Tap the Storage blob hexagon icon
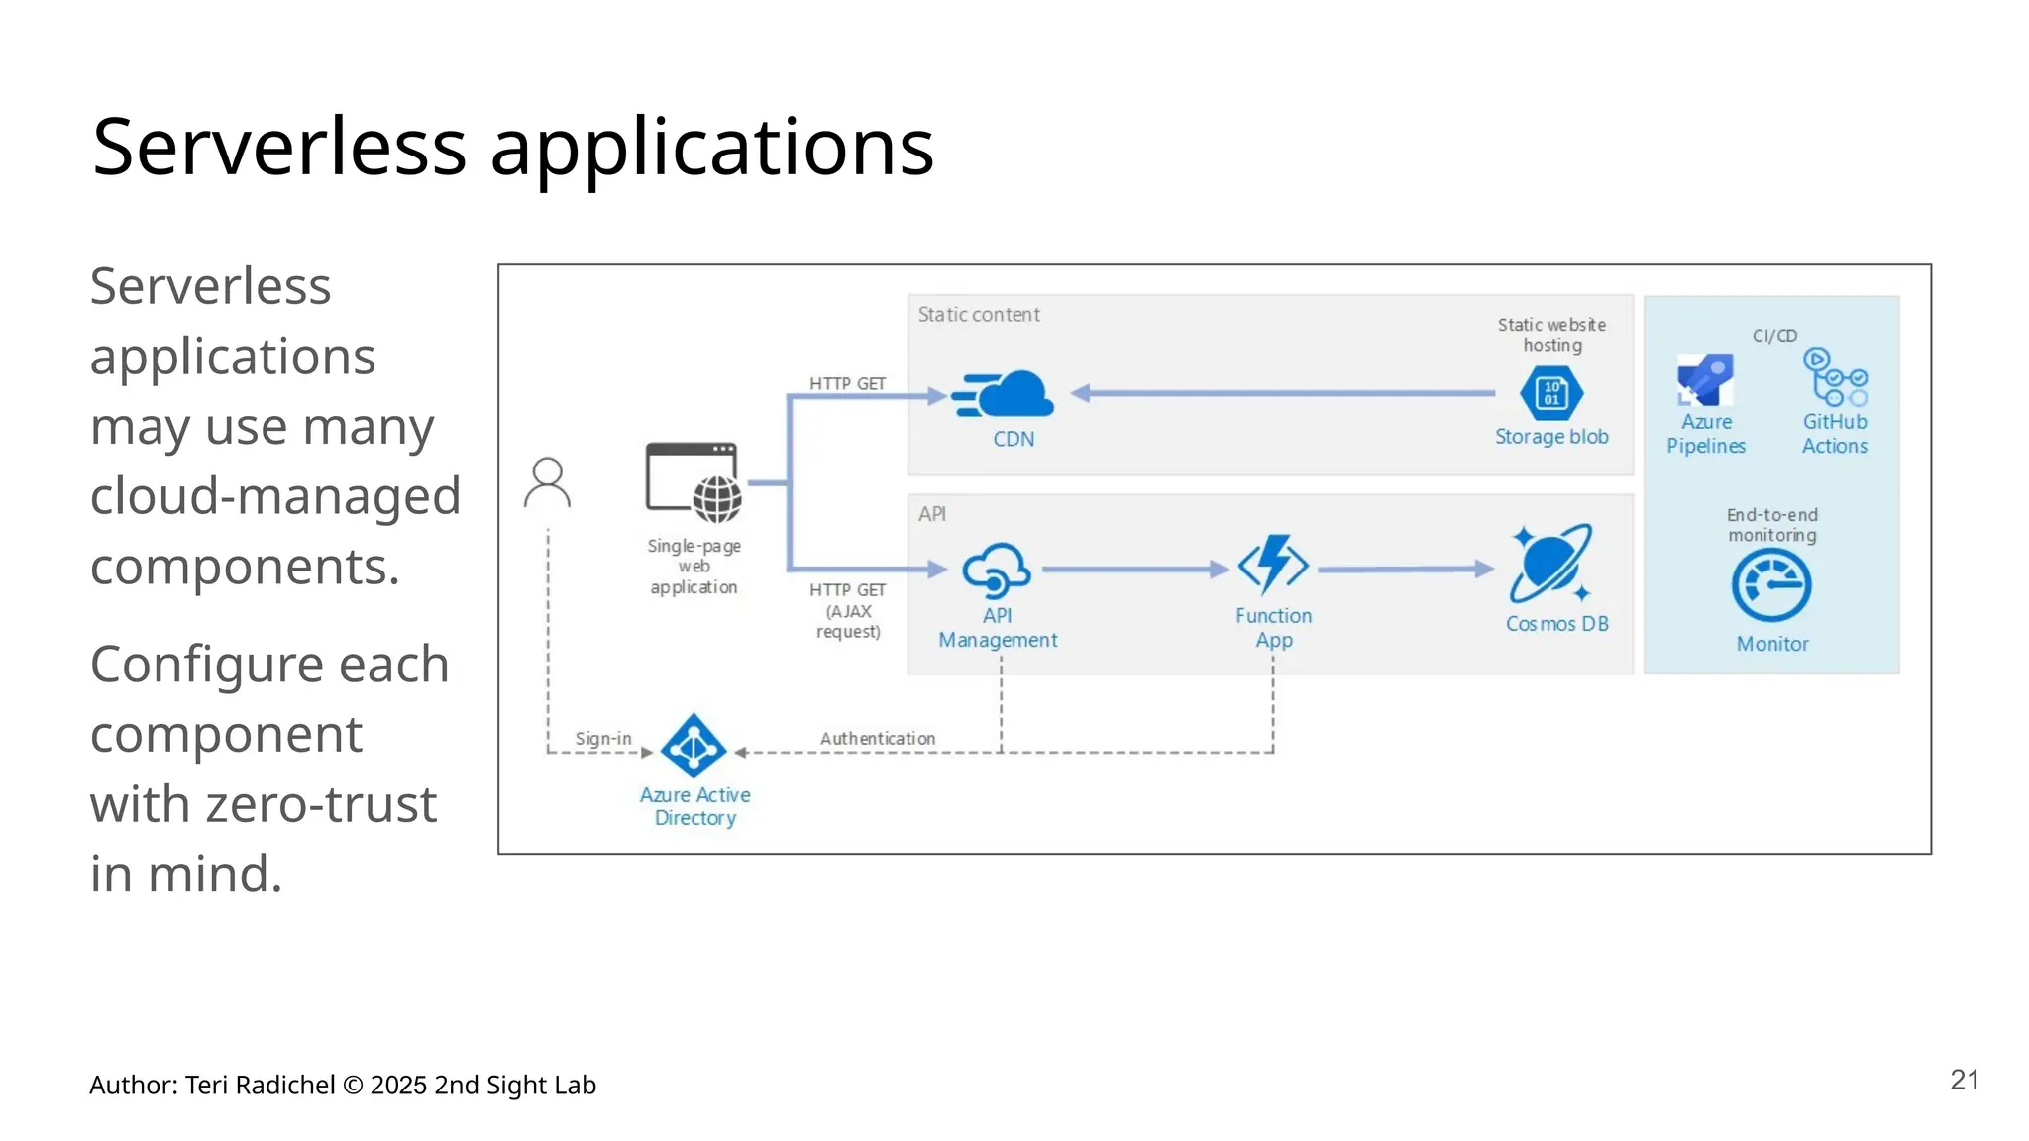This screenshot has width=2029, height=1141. tap(1550, 393)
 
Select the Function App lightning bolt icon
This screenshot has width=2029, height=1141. tap(1273, 566)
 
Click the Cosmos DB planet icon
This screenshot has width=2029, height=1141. tap(1550, 564)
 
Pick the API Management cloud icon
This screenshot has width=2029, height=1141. tap(997, 570)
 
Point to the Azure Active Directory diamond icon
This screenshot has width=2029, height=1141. tap(694, 746)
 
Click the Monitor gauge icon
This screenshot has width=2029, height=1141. tap(1771, 585)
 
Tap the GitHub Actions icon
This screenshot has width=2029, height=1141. tap(1835, 377)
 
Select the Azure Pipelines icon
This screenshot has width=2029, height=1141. tap(1705, 380)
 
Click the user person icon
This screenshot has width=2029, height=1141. tap(547, 482)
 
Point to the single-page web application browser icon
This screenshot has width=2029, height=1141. tap(694, 482)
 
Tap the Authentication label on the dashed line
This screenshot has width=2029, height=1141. tap(878, 738)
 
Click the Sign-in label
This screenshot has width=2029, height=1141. tap(602, 738)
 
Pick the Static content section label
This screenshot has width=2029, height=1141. tap(979, 315)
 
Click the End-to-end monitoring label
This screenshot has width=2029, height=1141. tap(1771, 525)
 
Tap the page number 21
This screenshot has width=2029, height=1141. tap(1964, 1080)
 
